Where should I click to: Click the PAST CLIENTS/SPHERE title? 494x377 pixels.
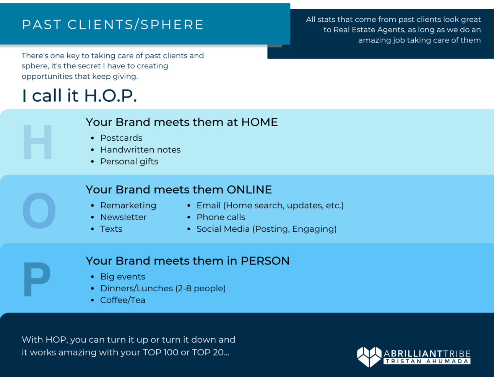113,24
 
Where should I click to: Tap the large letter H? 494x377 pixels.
38,142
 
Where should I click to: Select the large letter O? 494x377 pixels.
39,210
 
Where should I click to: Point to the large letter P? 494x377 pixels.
37,279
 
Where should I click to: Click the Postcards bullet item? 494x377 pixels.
121,138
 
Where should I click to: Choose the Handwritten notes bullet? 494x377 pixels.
140,149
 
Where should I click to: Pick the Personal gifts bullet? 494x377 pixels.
129,162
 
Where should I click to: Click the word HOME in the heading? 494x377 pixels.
260,122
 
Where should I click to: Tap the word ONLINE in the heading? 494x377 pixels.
249,190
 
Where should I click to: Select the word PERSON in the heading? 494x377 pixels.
265,261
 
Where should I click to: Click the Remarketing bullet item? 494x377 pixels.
128,205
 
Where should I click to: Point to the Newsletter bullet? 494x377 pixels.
123,217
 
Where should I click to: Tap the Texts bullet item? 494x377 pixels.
111,229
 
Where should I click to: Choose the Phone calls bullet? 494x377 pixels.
221,217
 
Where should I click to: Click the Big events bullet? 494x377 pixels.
123,276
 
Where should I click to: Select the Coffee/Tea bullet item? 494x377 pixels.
123,300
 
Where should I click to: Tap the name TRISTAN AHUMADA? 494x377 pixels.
427,361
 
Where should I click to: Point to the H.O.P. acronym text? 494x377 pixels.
110,96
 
